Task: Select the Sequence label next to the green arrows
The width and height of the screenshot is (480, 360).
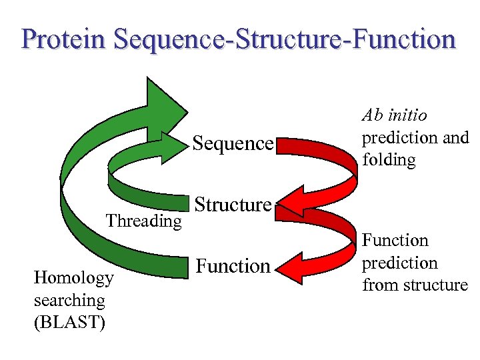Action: (233, 143)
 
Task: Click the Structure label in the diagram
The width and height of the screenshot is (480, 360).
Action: (233, 205)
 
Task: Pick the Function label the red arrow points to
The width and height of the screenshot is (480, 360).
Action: (233, 267)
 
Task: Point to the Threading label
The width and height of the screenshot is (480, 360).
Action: (145, 221)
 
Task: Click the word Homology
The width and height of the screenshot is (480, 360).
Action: (73, 278)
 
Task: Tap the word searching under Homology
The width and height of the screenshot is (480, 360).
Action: (69, 300)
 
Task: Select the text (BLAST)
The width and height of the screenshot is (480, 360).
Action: (69, 322)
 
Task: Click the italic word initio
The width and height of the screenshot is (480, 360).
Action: (407, 115)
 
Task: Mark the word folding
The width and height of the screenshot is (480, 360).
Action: (389, 161)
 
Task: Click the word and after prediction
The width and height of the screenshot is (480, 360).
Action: (455, 138)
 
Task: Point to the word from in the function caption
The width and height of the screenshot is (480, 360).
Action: (378, 285)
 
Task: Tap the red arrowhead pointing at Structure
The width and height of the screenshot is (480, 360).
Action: (293, 203)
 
